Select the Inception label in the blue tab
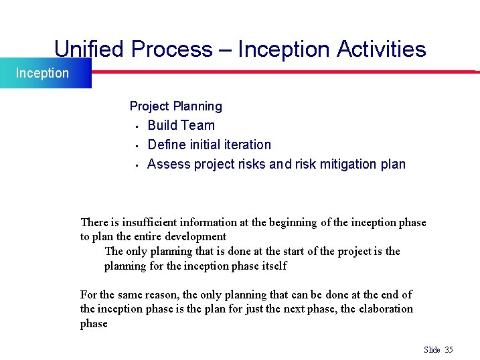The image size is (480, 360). (42, 73)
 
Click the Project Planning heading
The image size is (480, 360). (175, 106)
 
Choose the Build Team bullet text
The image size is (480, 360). (181, 125)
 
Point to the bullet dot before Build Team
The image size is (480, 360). (136, 126)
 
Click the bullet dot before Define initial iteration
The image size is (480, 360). (136, 145)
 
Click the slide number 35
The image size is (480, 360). (449, 350)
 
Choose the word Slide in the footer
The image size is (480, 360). (432, 350)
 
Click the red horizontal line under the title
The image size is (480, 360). (281, 70)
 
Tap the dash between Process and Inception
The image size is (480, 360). (224, 50)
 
